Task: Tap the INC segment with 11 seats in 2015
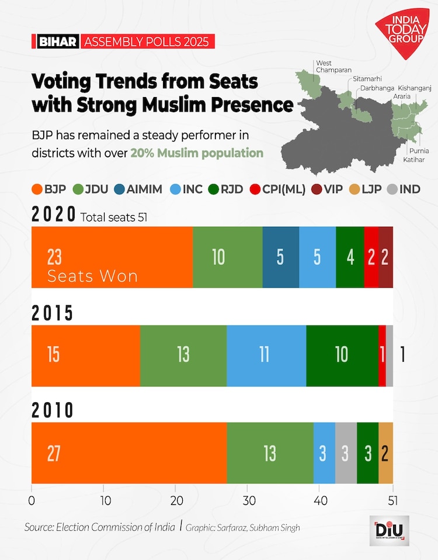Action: tap(266, 355)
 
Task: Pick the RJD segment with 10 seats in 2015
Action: tap(342, 355)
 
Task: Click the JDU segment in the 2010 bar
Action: tap(270, 453)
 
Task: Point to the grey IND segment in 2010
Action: tap(346, 453)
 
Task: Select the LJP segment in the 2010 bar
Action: tap(385, 453)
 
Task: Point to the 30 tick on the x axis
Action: tap(248, 500)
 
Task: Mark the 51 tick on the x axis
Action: tap(392, 500)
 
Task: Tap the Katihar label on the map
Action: tap(413, 160)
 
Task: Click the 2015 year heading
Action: tap(53, 314)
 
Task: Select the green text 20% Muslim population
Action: tap(197, 153)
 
